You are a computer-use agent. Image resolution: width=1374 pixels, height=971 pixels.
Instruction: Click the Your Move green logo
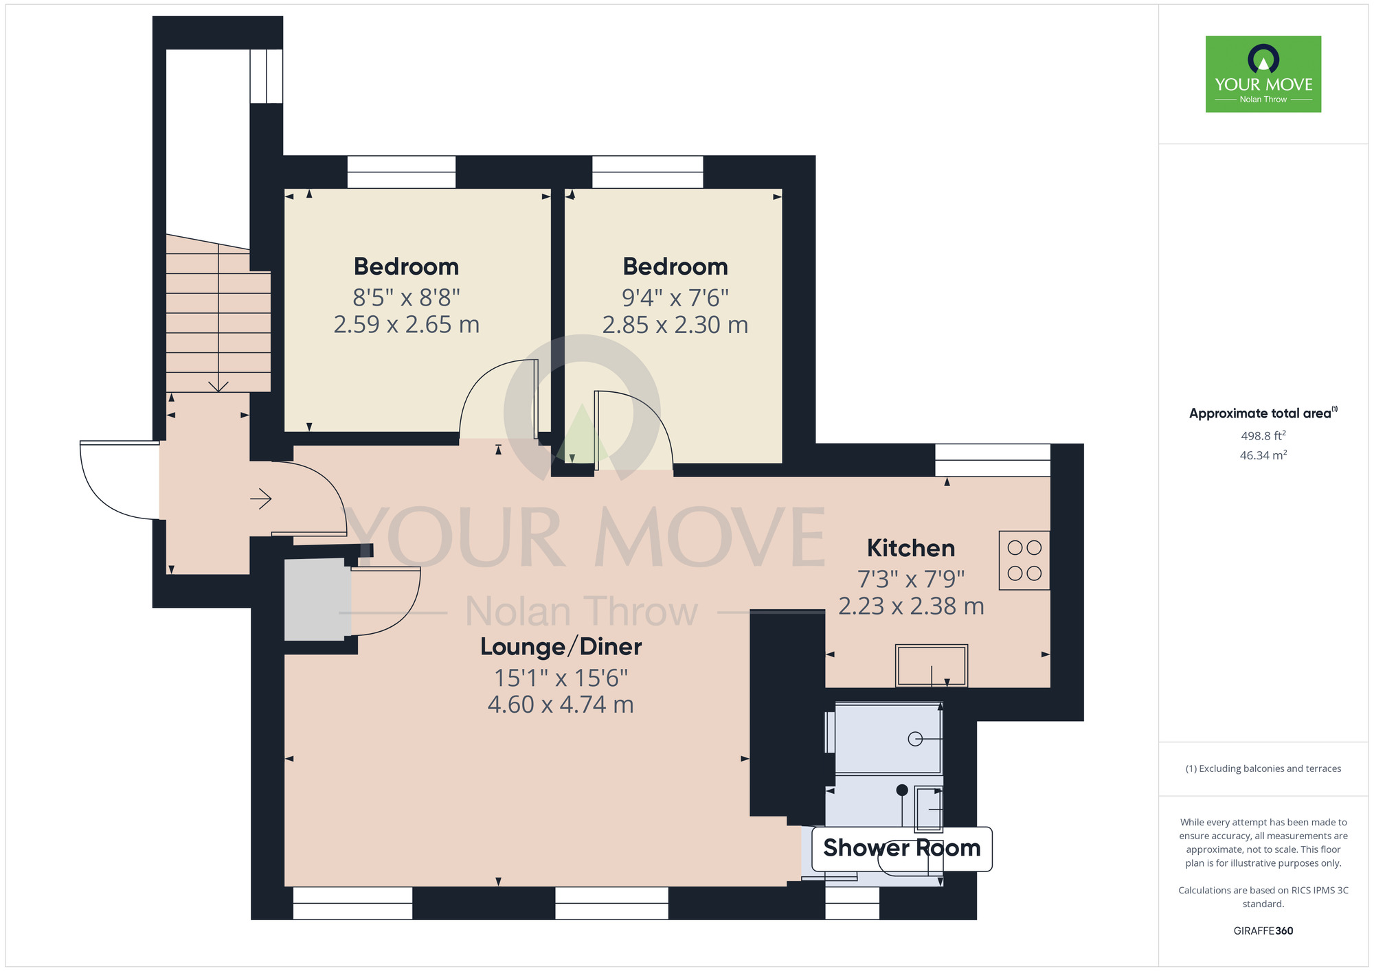click(1263, 74)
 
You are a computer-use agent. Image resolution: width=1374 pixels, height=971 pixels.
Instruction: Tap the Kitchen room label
click(911, 548)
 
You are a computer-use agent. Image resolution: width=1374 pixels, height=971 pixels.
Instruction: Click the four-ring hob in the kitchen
click(1024, 560)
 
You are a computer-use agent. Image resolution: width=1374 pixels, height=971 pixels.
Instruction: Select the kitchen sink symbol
click(932, 665)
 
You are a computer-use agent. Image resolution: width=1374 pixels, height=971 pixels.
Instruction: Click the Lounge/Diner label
click(561, 647)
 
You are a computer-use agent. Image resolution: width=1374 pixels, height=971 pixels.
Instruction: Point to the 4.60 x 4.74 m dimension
click(561, 705)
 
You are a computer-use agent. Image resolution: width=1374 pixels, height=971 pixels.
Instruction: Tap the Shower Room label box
click(901, 849)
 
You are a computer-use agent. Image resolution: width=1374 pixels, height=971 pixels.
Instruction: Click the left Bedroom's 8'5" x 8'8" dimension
click(406, 298)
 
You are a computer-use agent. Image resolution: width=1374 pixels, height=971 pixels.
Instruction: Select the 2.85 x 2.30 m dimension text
click(675, 325)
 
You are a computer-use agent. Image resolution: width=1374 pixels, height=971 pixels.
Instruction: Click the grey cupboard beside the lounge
click(316, 599)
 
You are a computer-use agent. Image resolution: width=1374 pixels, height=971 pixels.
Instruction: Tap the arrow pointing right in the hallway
click(261, 499)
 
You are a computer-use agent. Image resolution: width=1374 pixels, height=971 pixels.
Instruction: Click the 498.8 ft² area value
click(1263, 435)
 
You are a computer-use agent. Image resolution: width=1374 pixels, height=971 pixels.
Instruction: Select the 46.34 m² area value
click(1263, 455)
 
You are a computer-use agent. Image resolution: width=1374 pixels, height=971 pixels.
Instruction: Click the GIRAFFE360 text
click(1263, 931)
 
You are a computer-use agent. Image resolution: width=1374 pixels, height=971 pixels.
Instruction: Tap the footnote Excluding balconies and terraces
click(1263, 768)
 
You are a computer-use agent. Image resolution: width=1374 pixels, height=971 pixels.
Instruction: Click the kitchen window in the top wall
click(992, 460)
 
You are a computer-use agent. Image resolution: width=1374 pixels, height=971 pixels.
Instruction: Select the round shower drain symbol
click(915, 739)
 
